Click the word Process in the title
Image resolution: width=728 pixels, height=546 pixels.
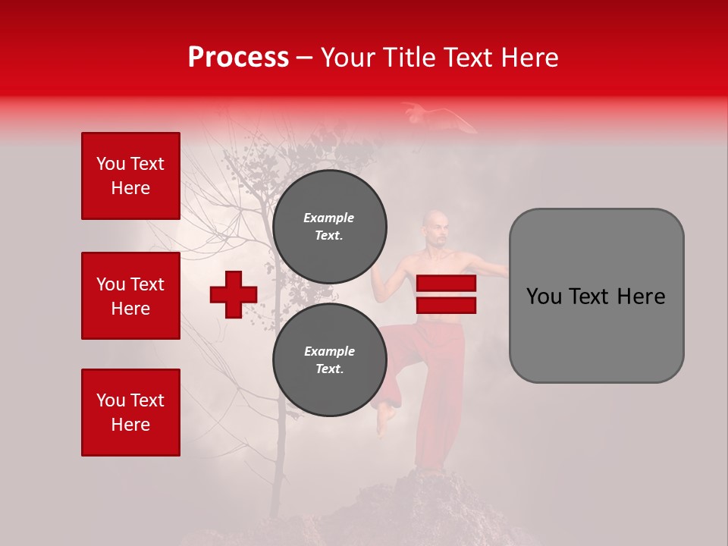point(238,58)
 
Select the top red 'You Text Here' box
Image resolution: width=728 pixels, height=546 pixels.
point(130,176)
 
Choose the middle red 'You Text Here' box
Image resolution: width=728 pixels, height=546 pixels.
point(130,296)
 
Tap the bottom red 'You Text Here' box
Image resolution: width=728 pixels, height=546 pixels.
point(130,413)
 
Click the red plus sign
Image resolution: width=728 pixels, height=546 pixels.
point(234,294)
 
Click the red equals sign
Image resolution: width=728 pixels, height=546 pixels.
point(446,294)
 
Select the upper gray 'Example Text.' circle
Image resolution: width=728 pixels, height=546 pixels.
point(329,226)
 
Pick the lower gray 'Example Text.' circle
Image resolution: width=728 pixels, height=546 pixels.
point(329,359)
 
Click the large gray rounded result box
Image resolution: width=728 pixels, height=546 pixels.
point(596,296)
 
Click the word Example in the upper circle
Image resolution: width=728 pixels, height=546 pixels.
point(329,218)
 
